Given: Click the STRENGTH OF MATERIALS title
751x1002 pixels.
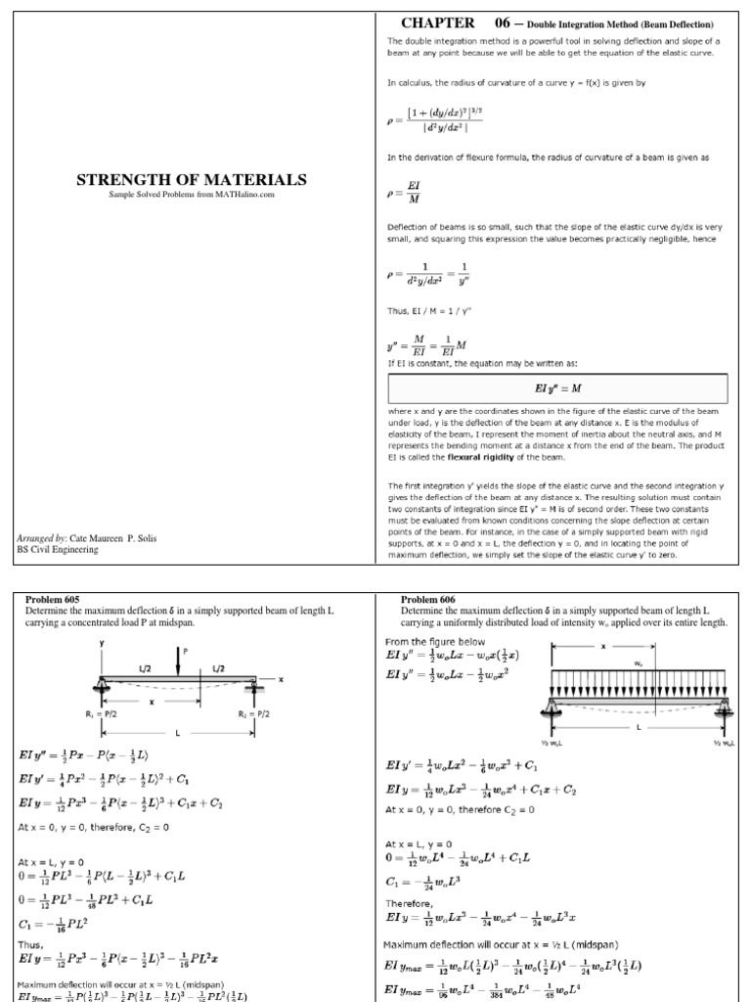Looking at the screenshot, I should [x=192, y=180].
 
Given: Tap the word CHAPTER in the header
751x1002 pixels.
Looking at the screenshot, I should [x=438, y=23].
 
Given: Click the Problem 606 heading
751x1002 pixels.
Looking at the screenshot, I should [x=429, y=600].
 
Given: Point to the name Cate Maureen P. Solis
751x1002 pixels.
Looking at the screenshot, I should [x=111, y=538].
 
